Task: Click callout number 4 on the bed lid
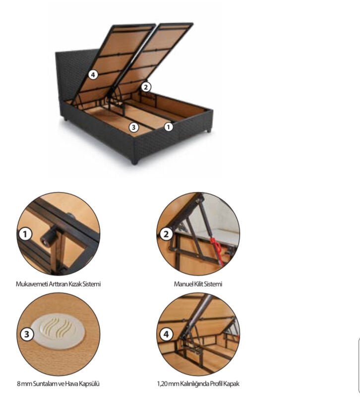point(93,75)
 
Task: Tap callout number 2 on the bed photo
point(146,87)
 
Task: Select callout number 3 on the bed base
point(134,127)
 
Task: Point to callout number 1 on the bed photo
point(168,126)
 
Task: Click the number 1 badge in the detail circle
point(25,234)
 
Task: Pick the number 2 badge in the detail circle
point(166,234)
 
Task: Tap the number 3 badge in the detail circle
point(27,334)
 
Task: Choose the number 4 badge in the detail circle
point(166,334)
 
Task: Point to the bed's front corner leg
point(135,161)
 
